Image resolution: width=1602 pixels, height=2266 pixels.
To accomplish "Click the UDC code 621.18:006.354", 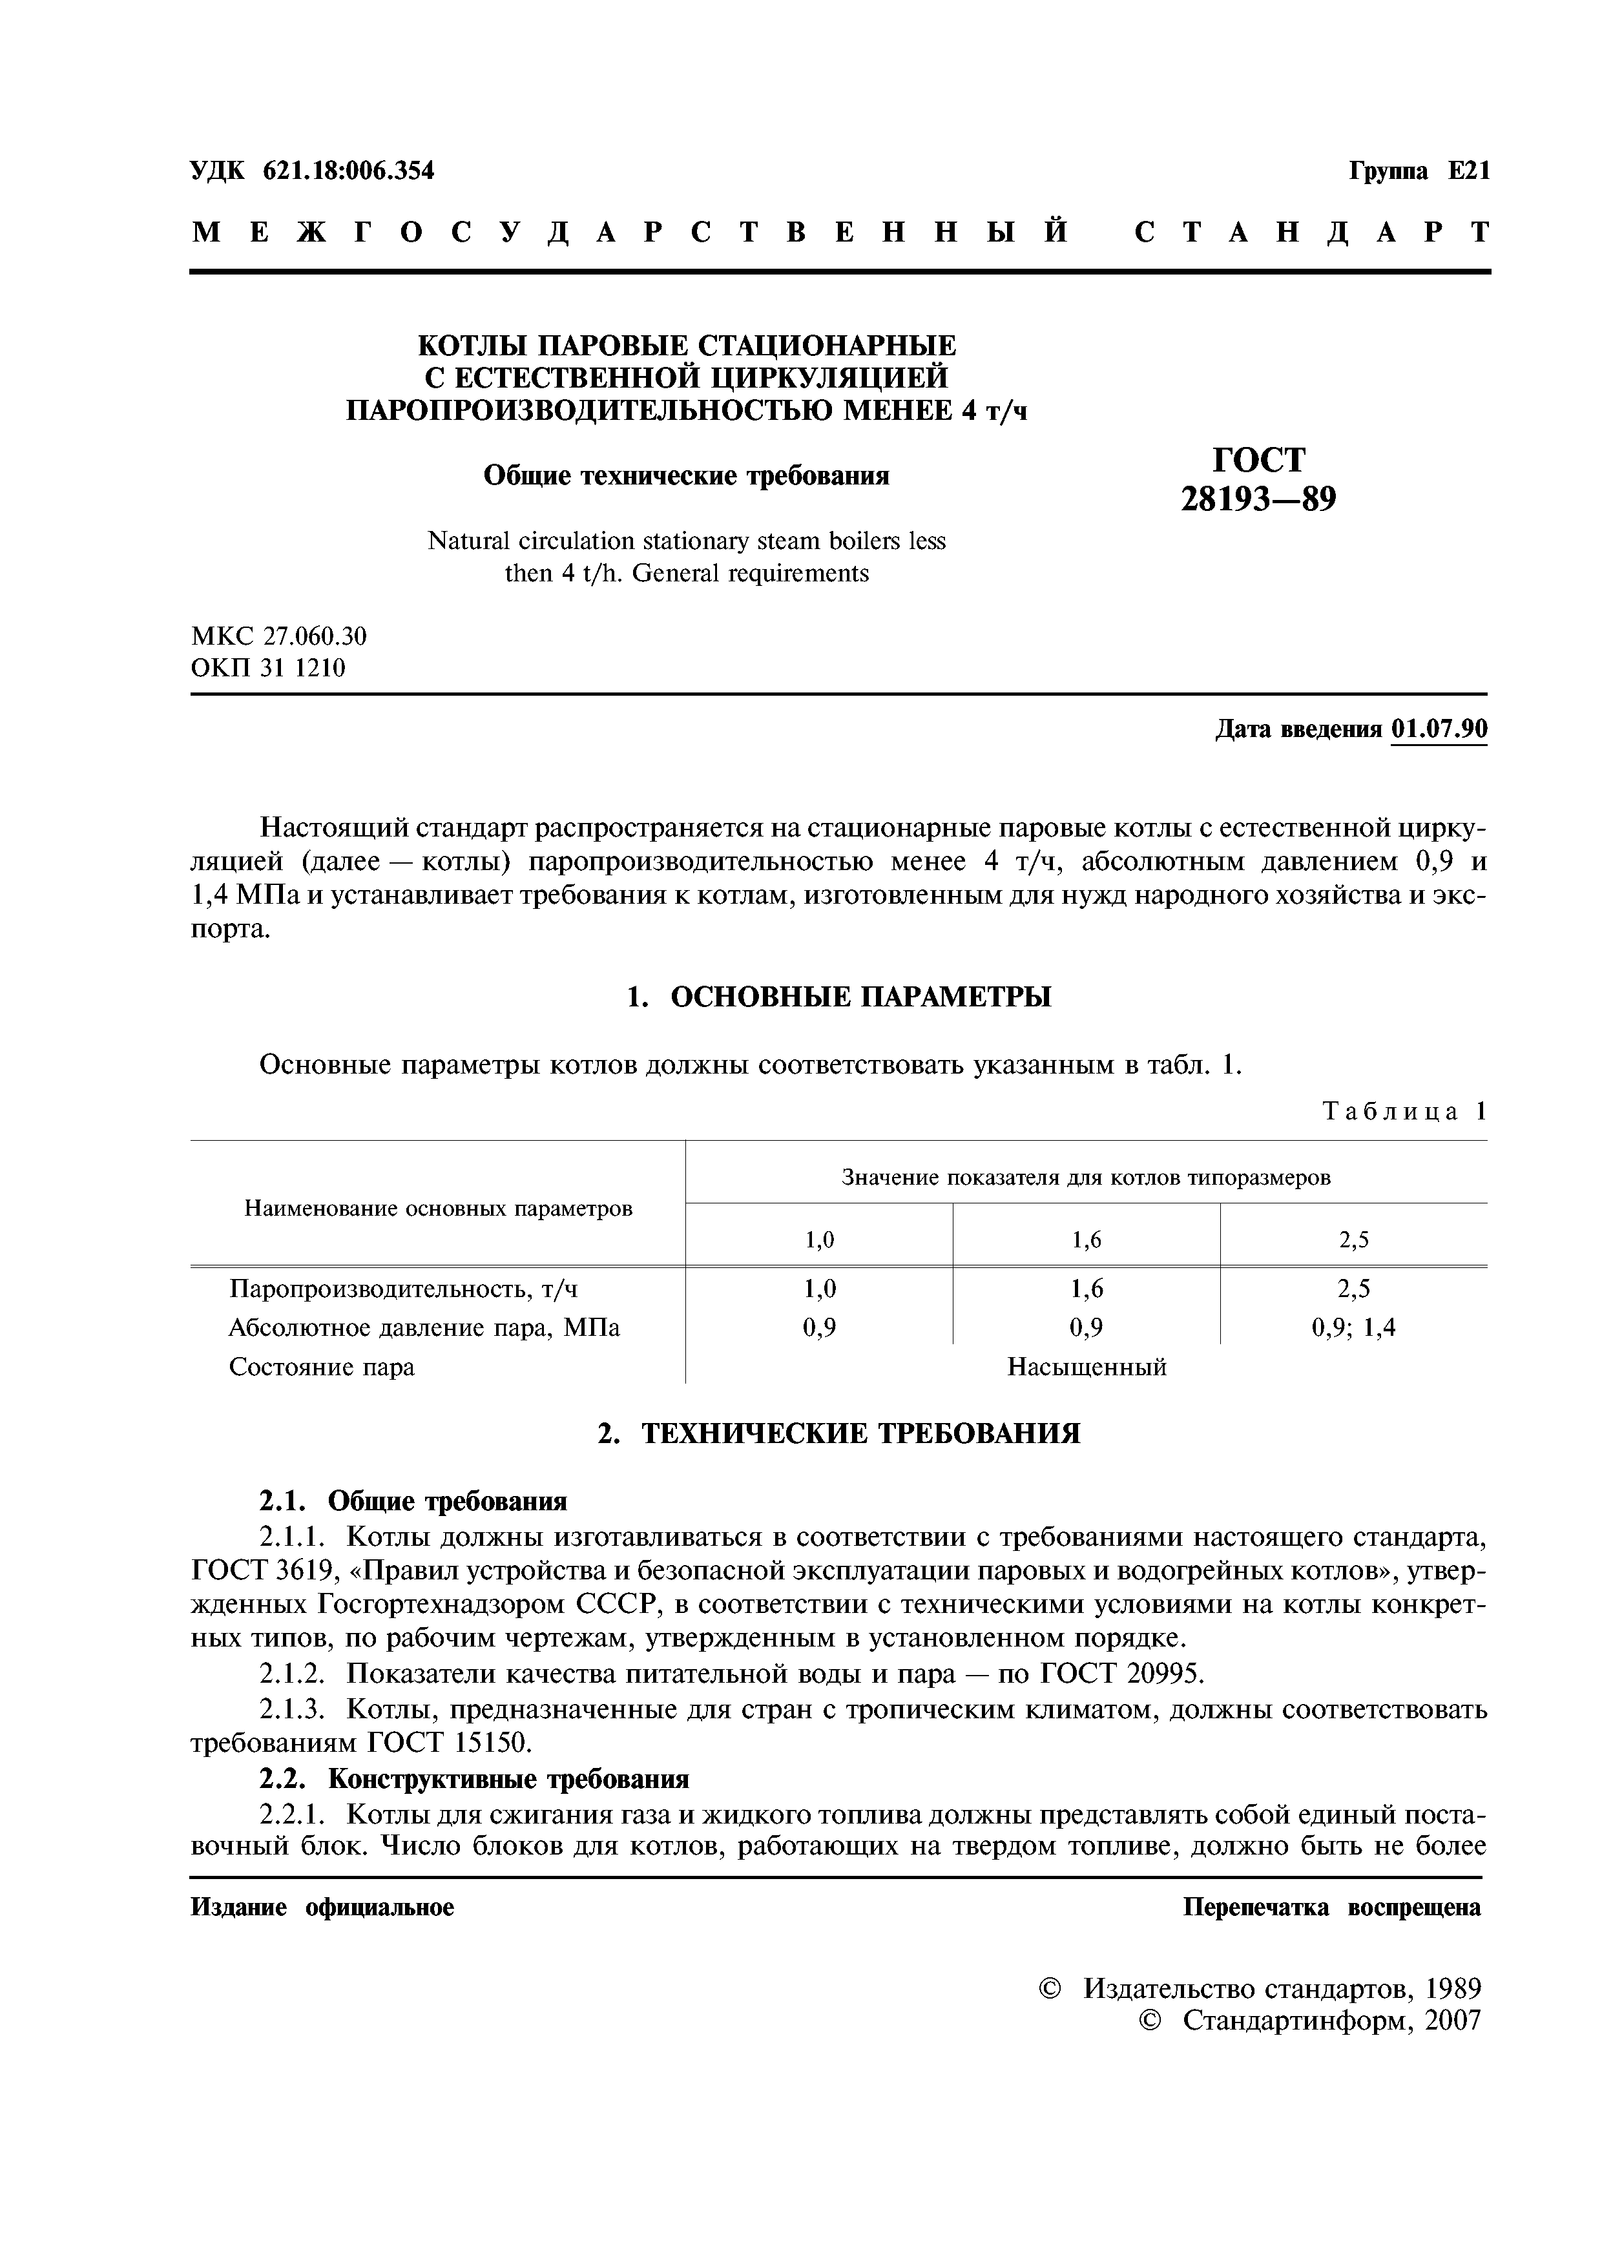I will tap(348, 171).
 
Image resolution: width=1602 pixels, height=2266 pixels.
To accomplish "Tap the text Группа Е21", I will tap(1419, 171).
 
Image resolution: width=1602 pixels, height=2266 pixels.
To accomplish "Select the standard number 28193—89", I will tap(1258, 499).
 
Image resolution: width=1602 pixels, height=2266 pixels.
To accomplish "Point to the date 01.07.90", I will tap(1437, 729).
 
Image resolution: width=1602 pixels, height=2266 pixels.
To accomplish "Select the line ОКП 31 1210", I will tap(267, 668).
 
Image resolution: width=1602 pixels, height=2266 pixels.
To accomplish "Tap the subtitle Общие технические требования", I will tap(686, 475).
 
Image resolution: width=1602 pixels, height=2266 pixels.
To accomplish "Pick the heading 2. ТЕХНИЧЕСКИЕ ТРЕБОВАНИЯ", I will tap(839, 1433).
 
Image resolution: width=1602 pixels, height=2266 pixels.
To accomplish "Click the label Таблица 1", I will tap(1404, 1111).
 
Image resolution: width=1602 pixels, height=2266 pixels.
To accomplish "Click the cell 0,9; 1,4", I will tap(1353, 1327).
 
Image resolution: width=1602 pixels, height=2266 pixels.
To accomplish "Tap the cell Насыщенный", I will tap(1087, 1367).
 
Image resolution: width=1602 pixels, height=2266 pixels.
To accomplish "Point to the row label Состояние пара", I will tap(322, 1367).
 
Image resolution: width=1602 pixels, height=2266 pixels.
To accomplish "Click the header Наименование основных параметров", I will tap(438, 1208).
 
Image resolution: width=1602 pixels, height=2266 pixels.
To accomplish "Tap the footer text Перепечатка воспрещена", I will tap(1331, 1907).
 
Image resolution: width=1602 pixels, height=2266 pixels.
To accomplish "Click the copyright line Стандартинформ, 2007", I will tap(1331, 2019).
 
